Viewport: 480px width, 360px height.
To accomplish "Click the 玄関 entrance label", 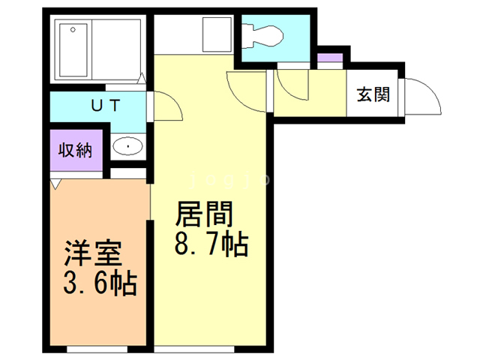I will pyautogui.click(x=373, y=94).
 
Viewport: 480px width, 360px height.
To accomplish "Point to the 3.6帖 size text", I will pyautogui.click(x=98, y=283).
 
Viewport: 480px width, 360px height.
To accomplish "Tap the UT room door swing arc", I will pyautogui.click(x=166, y=106).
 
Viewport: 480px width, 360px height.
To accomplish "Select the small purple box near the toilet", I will pyautogui.click(x=329, y=58).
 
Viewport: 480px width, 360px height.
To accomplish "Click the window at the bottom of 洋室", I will pyautogui.click(x=97, y=349).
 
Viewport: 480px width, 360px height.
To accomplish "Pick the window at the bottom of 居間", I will pyautogui.click(x=211, y=349).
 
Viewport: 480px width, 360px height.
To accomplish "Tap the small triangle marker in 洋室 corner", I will pyautogui.click(x=55, y=182).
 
